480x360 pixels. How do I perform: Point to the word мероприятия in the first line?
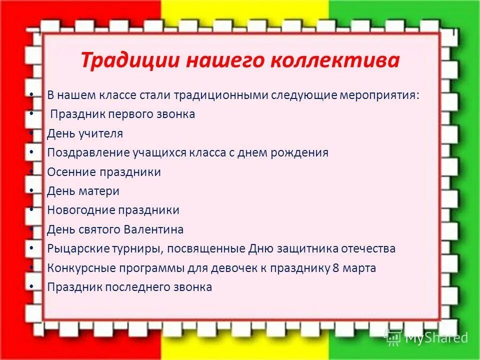pyautogui.click(x=379, y=95)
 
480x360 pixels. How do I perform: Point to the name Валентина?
pyautogui.click(x=157, y=230)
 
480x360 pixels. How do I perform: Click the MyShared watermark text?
pyautogui.click(x=436, y=338)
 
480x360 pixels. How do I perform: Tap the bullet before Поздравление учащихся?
pyautogui.click(x=32, y=151)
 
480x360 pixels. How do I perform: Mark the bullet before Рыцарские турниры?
pyautogui.click(x=32, y=247)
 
